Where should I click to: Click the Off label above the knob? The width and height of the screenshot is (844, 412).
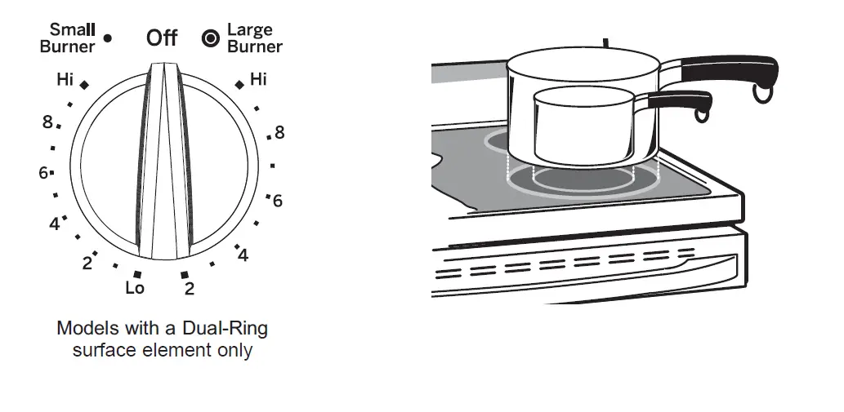162,38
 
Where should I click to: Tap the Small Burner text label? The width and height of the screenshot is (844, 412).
68,38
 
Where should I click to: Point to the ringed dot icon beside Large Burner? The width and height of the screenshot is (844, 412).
210,38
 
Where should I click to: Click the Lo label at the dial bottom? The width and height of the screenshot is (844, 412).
135,288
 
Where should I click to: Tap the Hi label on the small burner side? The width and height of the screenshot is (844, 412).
65,80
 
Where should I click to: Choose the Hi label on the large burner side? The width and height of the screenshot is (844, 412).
258,80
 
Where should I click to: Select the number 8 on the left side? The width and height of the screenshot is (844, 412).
47,123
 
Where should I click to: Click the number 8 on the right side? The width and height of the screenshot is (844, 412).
279,132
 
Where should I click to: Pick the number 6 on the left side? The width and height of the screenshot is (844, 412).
42,173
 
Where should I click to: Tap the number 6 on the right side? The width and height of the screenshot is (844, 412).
278,201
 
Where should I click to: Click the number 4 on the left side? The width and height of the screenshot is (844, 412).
54,224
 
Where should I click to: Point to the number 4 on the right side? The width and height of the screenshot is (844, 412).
243,255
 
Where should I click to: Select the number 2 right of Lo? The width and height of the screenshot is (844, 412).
190,289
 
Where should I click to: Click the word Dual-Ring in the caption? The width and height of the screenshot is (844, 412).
226,329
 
